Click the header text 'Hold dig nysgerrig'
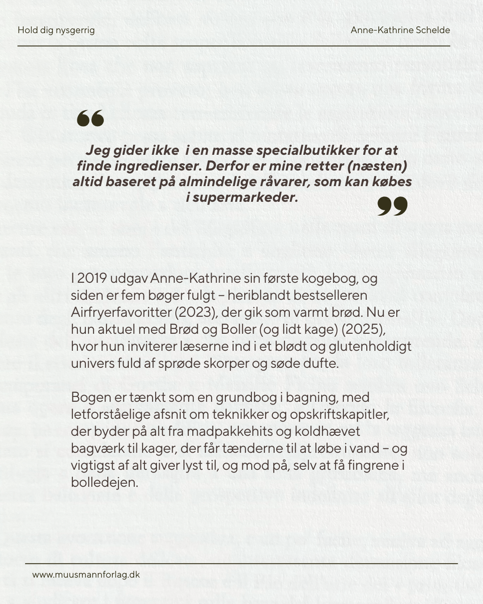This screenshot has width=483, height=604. click(x=56, y=30)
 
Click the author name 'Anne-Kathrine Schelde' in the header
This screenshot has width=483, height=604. click(x=400, y=30)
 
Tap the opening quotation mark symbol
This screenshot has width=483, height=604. click(x=90, y=119)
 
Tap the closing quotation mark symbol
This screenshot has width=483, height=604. click(x=392, y=206)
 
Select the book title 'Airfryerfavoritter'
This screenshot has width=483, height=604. click(x=121, y=312)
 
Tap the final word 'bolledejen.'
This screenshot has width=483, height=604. click(x=104, y=482)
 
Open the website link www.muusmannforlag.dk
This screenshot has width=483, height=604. click(x=86, y=575)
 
